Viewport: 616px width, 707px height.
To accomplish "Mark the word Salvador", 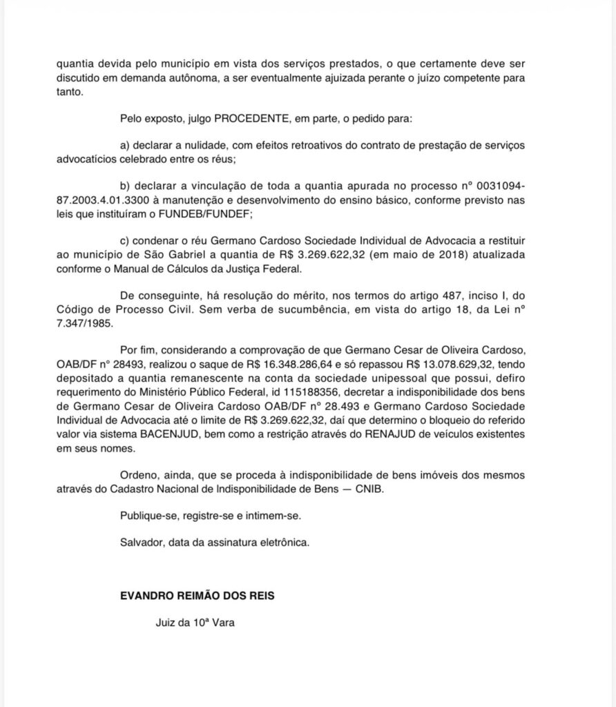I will (141, 542).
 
